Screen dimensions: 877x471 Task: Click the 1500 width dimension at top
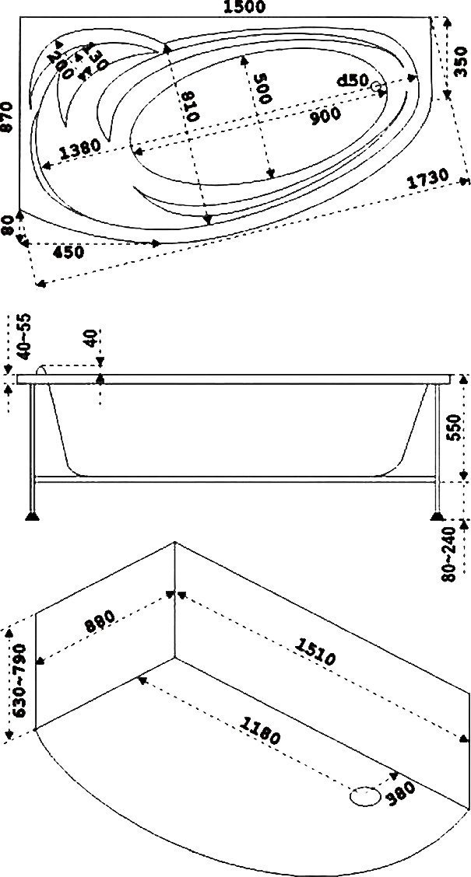tap(244, 8)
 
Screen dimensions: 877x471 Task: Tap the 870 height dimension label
tap(8, 117)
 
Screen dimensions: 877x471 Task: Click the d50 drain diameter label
tap(352, 81)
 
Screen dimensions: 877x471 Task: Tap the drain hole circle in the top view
tap(378, 88)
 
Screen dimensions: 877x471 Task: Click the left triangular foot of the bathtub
tap(32, 516)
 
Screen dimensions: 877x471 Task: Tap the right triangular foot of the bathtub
tap(437, 515)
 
